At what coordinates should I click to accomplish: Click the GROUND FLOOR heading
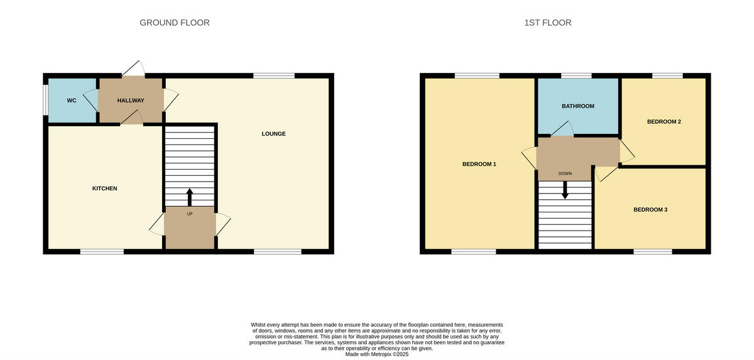[175, 23]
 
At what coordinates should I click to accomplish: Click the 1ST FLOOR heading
[548, 23]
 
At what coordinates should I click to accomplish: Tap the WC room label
[72, 101]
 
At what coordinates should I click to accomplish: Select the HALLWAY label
[131, 101]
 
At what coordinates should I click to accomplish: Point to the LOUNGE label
[274, 134]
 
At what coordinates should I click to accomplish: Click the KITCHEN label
[105, 188]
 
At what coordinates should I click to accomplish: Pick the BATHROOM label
[578, 106]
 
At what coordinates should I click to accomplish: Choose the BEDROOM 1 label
[479, 164]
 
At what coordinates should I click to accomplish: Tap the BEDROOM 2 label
[664, 122]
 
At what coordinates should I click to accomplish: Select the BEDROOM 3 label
[650, 209]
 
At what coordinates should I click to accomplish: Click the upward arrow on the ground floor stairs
[190, 196]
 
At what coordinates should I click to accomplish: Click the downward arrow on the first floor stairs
[565, 190]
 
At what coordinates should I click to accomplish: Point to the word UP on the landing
[190, 214]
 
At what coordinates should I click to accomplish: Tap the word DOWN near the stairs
[565, 173]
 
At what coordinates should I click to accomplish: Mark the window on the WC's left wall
[45, 100]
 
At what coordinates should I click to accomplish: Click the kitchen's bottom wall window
[102, 252]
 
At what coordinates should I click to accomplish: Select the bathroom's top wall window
[576, 75]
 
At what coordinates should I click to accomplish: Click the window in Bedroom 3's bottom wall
[653, 252]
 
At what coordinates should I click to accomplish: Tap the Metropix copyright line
[377, 354]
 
